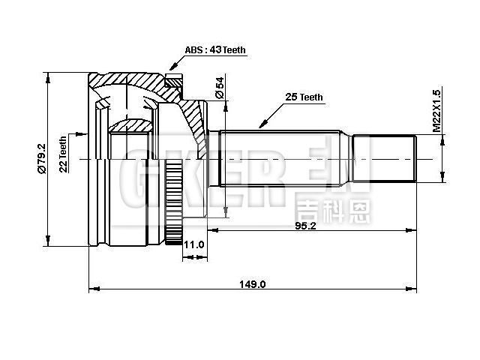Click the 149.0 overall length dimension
pos(253,283)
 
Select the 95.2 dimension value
pos(305,226)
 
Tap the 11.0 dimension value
pos(194,244)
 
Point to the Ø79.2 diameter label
pos(40,158)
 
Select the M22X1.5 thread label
pos(436,113)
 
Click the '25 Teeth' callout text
pos(303,97)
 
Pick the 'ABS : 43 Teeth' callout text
pos(215,50)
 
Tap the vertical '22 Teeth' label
pos(64,154)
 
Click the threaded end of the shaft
pos(384,159)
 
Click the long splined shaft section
pos(281,159)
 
